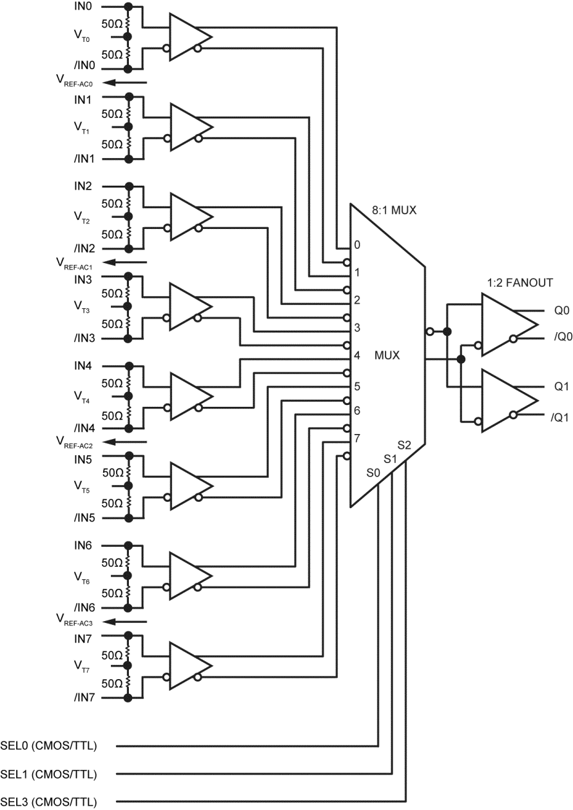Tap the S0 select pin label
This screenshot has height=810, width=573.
(373, 472)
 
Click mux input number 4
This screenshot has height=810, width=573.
(356, 355)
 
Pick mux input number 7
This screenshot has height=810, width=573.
(356, 438)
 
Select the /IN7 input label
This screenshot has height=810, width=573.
(84, 698)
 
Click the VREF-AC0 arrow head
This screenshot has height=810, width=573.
(110, 82)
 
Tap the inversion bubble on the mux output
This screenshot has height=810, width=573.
(430, 331)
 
